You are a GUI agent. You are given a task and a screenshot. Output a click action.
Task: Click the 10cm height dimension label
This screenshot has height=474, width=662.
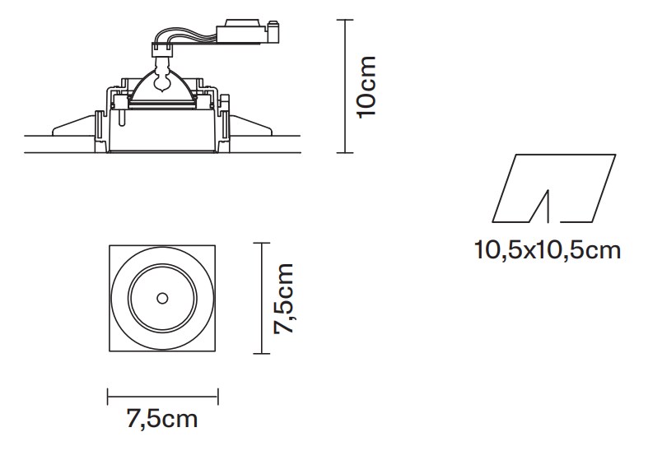(x=366, y=87)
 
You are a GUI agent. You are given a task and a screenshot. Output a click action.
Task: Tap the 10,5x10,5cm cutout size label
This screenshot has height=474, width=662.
(x=548, y=250)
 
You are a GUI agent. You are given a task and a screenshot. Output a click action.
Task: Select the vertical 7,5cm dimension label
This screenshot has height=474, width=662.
(x=283, y=299)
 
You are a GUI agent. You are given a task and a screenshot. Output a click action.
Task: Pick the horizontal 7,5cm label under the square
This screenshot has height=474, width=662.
(x=162, y=419)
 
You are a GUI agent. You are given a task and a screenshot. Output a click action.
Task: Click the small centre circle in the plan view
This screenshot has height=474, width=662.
(x=162, y=299)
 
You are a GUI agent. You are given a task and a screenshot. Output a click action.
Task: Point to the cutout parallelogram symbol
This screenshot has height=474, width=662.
(x=554, y=188)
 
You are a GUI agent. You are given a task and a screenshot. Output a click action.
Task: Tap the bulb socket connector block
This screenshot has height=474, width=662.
(x=162, y=50)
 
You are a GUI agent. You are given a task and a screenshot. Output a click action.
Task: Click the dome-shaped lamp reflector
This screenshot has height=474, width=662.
(x=162, y=87)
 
